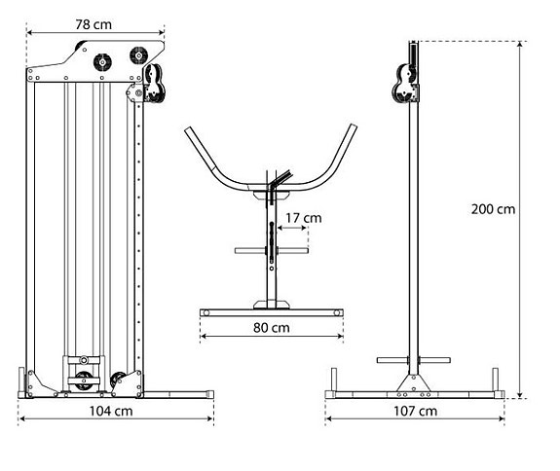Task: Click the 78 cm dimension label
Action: [94, 19]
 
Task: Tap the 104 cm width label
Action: [115, 411]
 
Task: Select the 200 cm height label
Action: [491, 207]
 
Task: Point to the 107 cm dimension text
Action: [415, 411]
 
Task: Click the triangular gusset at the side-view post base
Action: [415, 380]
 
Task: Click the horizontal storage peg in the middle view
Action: [270, 250]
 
